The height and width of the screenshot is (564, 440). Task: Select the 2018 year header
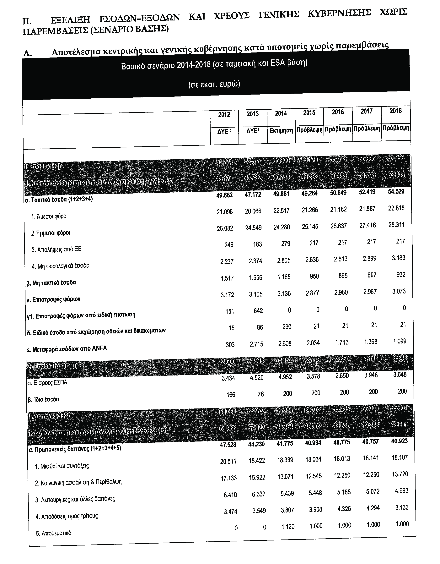click(x=396, y=111)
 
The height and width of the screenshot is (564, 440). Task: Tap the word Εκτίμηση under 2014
click(x=281, y=130)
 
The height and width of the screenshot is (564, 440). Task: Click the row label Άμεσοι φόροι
click(x=49, y=217)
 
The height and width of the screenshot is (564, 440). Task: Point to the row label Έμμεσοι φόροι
click(x=51, y=233)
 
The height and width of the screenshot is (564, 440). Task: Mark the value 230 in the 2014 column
click(x=287, y=327)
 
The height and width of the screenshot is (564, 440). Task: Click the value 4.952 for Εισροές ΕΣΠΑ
click(x=285, y=377)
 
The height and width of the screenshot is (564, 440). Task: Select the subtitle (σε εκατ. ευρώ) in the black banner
click(x=214, y=85)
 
